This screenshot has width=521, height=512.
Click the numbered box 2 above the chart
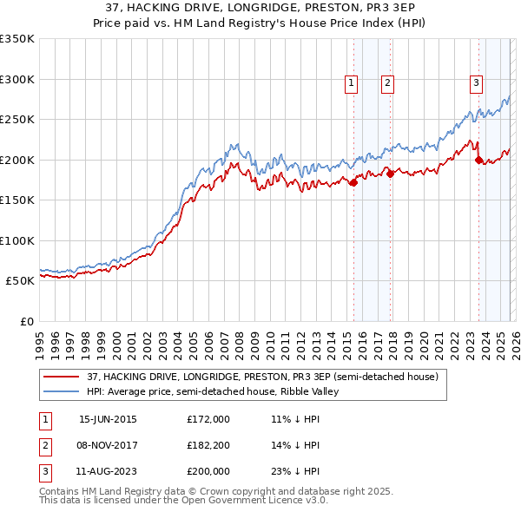(x=387, y=83)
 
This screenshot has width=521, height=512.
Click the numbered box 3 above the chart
(x=477, y=83)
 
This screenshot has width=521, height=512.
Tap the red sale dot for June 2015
(x=353, y=182)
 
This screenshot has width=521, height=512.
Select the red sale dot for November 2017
(x=390, y=174)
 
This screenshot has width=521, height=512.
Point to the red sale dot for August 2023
(x=478, y=160)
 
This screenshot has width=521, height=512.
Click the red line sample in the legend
(x=61, y=377)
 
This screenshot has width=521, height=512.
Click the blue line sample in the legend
(x=61, y=391)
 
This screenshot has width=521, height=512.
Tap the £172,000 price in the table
(x=208, y=419)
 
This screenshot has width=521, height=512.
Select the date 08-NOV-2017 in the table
(x=108, y=445)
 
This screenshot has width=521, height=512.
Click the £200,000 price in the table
(x=208, y=471)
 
